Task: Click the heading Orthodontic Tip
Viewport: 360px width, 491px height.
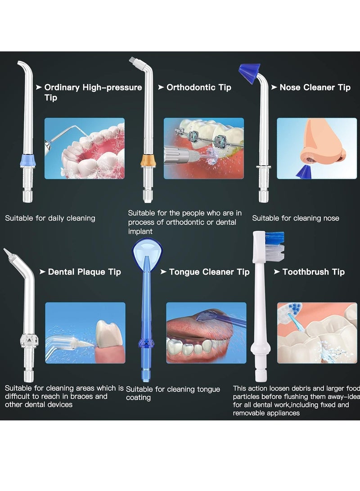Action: pos(199,87)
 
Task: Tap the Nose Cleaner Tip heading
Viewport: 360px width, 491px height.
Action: pos(315,87)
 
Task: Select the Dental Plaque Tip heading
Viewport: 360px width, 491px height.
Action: pos(85,272)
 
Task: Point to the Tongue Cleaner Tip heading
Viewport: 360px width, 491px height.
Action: pos(209,272)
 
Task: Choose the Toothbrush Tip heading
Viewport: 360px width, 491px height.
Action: pos(314,272)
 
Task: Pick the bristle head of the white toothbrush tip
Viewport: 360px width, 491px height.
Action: pos(274,247)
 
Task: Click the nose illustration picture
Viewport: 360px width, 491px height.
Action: pos(317,149)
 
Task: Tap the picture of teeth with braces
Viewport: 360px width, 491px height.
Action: pos(203,149)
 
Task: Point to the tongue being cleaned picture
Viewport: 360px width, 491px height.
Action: pos(206,333)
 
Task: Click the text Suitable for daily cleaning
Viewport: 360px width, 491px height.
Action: pos(50,218)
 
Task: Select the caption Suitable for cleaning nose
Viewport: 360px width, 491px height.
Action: pos(296,218)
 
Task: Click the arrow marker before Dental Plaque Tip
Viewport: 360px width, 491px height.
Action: pos(42,272)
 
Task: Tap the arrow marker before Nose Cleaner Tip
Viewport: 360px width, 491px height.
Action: pos(274,87)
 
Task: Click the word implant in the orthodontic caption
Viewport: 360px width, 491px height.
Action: pos(140,231)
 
